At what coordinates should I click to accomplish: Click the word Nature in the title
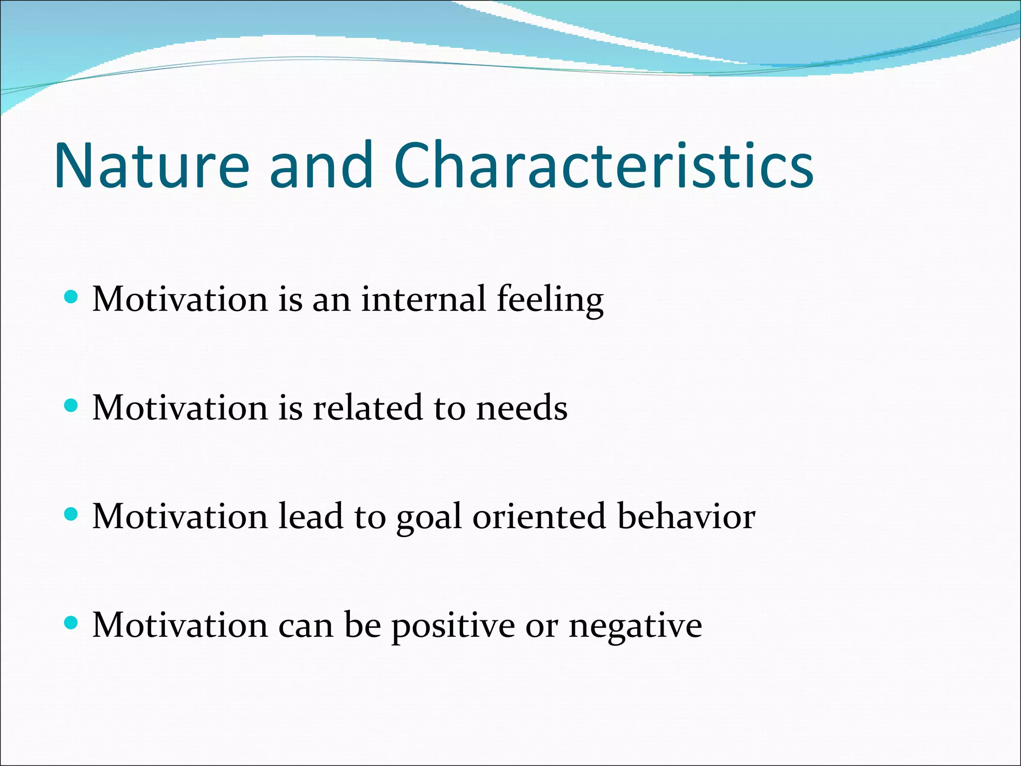click(152, 166)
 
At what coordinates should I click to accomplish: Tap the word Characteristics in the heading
click(603, 166)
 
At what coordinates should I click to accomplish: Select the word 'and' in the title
click(322, 166)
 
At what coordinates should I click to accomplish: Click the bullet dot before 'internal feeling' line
click(72, 298)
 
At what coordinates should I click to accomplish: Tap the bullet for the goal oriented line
click(72, 514)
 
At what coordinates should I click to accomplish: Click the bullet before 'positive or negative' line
click(72, 623)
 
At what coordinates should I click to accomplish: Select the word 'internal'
click(423, 299)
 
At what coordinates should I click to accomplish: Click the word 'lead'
click(310, 516)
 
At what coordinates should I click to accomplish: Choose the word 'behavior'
click(686, 516)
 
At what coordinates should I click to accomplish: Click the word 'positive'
click(453, 626)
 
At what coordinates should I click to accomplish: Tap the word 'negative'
click(635, 626)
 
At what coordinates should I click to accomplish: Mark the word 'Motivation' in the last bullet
click(180, 625)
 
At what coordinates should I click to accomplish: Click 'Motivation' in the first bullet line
click(180, 299)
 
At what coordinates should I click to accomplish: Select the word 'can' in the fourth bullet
click(305, 626)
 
